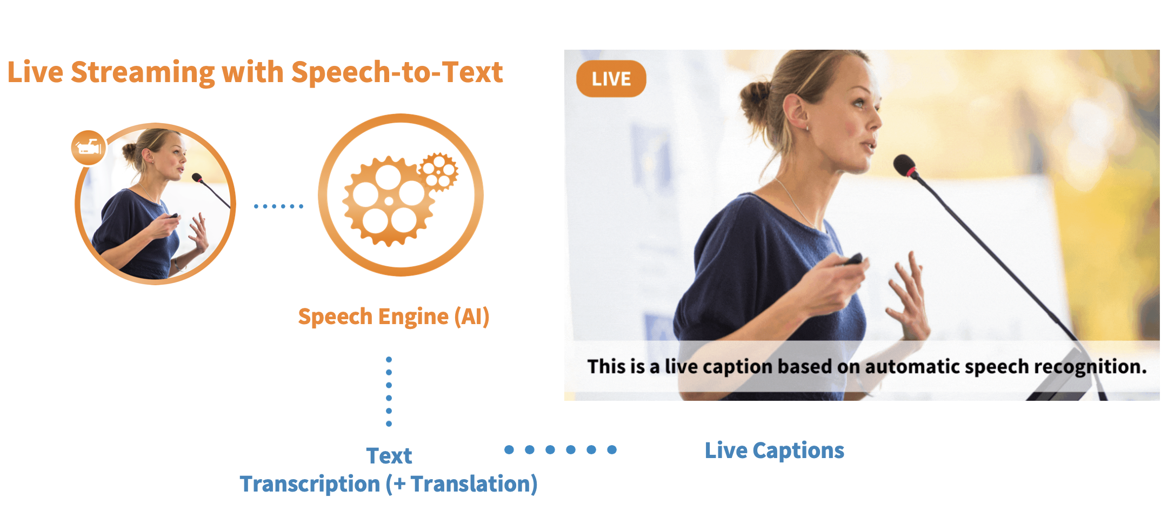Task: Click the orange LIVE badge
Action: (611, 79)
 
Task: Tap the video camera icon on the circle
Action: (89, 147)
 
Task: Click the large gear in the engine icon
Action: (389, 201)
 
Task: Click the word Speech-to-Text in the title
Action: (397, 72)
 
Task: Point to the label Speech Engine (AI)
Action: (393, 317)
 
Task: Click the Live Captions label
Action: (774, 451)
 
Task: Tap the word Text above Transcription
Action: (389, 455)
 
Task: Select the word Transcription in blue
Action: (310, 483)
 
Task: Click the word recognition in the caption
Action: (1090, 367)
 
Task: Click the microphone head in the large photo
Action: (905, 165)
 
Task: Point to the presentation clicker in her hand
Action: (853, 259)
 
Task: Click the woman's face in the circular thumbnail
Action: (174, 157)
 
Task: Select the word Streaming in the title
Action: (143, 73)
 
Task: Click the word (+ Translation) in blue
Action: (462, 483)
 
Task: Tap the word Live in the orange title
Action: (35, 72)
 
